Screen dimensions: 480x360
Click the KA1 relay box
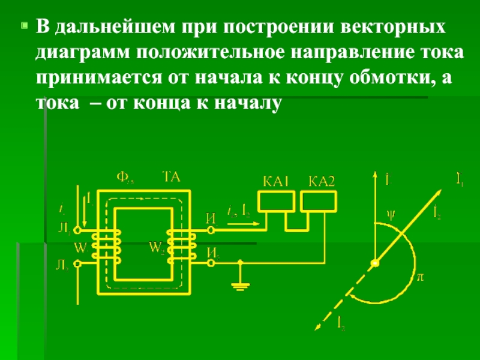point(275,202)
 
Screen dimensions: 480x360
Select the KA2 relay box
point(320,202)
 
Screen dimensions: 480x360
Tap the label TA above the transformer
point(171,177)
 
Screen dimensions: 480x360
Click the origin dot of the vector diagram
point(375,263)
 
